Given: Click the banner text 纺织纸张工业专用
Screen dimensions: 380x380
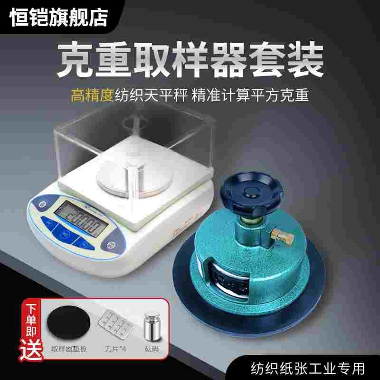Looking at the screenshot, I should click(309, 368).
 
